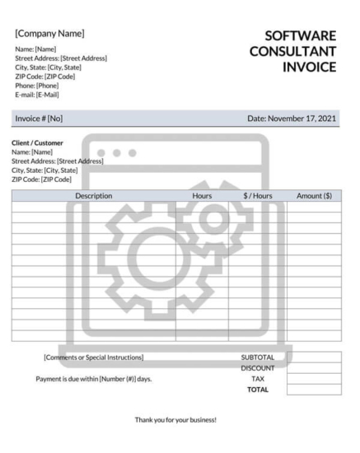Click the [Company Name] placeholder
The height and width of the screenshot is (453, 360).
49,34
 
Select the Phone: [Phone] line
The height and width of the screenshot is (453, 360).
37,86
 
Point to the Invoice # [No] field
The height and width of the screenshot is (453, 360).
39,119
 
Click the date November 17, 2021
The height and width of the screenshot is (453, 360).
292,119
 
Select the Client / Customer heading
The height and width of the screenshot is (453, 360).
37,142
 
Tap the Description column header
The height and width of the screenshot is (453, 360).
93,196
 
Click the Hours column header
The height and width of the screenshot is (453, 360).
202,196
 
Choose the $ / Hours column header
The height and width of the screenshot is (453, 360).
257,196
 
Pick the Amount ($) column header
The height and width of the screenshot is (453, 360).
314,196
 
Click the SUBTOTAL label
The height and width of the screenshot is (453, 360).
257,357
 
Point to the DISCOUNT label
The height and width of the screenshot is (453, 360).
257,368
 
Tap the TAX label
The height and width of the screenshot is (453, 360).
257,379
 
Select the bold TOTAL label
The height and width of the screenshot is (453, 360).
257,390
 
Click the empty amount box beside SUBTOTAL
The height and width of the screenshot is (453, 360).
314,357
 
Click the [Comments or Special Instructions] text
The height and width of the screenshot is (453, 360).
93,357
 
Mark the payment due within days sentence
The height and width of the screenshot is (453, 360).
93,379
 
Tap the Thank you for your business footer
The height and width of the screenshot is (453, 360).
175,419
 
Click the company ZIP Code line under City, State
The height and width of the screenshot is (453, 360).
44,77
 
